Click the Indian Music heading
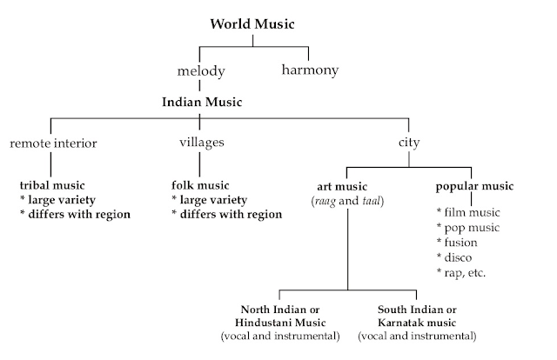(201, 103)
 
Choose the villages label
(201, 143)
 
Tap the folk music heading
(201, 186)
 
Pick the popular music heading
(474, 186)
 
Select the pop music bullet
(471, 227)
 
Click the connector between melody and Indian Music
(199, 85)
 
